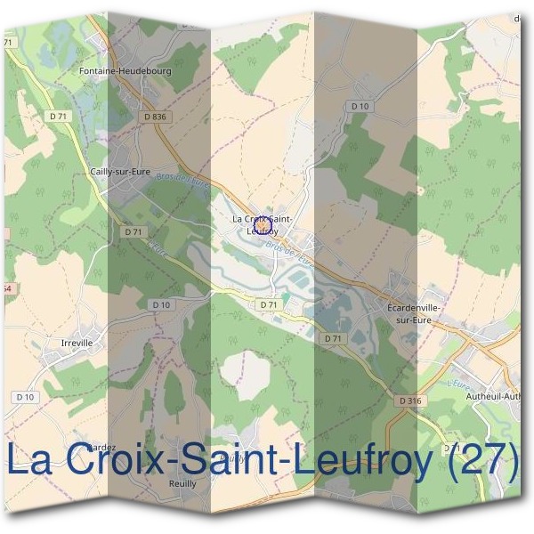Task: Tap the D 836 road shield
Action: pyautogui.click(x=154, y=117)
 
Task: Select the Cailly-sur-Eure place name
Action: pyautogui.click(x=117, y=173)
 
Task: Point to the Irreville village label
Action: pyautogui.click(x=77, y=342)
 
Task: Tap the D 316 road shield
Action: pyautogui.click(x=410, y=401)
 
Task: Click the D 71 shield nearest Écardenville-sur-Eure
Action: pyautogui.click(x=333, y=338)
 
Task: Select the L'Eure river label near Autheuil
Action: pyautogui.click(x=461, y=384)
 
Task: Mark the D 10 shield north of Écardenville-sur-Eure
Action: pyautogui.click(x=360, y=106)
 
